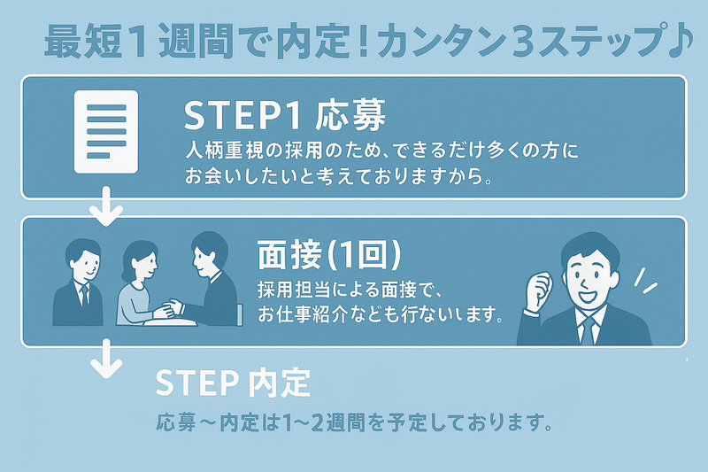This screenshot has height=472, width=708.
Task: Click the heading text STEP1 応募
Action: pos(284,116)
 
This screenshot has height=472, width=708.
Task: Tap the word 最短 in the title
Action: pos(73,42)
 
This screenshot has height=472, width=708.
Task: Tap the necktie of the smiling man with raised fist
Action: pos(588,329)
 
